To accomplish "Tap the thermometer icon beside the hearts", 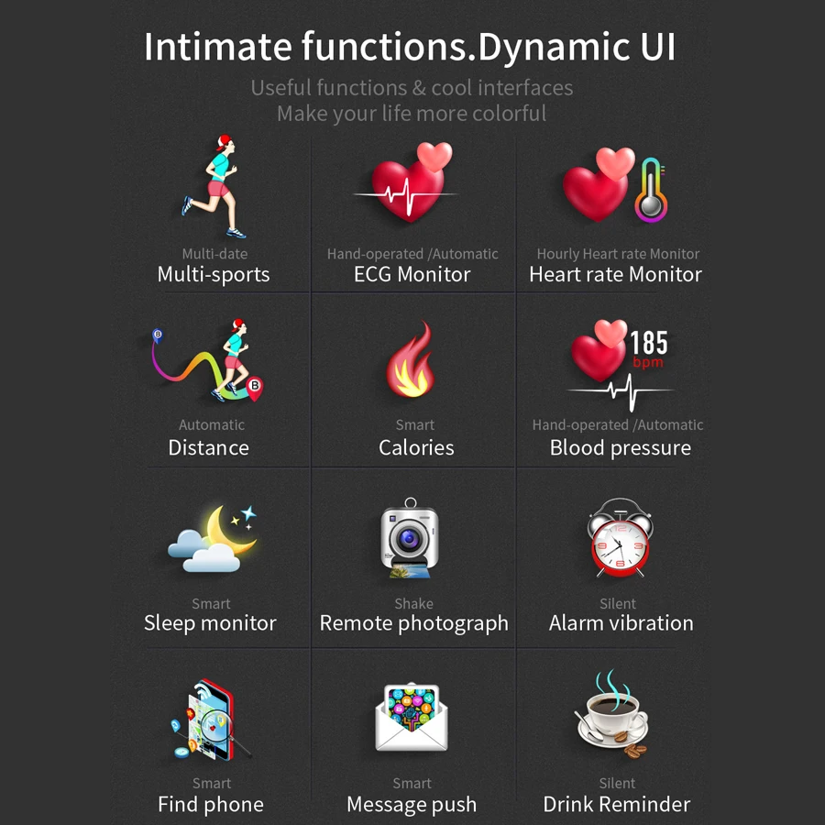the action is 652,190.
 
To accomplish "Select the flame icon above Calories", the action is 411,360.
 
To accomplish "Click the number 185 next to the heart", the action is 649,343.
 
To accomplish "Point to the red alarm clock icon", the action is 621,537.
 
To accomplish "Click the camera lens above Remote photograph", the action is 409,539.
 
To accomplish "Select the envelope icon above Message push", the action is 411,717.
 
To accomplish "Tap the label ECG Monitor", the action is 412,274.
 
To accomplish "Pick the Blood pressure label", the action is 621,448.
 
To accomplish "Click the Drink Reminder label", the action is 617,805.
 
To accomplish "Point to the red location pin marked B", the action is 255,388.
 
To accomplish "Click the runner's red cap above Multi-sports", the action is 224,141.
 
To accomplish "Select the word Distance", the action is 208,447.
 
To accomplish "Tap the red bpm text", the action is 648,362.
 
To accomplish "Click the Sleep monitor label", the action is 210,623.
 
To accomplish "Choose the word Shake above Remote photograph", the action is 413,603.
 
